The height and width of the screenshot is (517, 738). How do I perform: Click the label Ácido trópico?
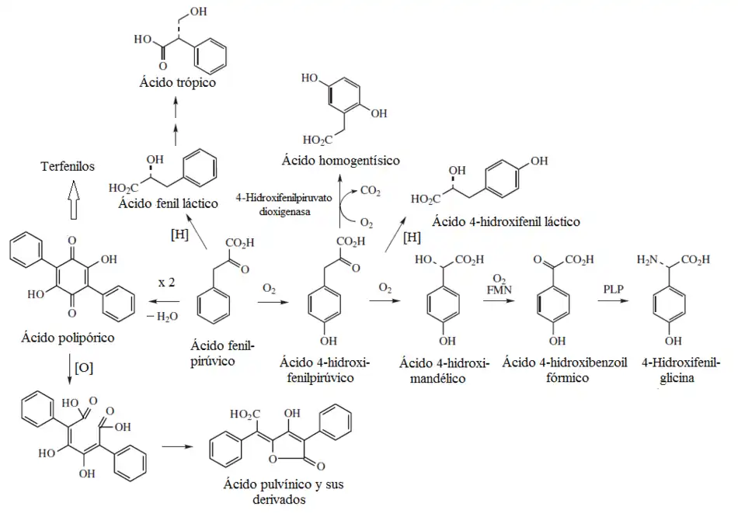(x=177, y=83)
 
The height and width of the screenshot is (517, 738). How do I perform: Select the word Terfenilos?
(x=68, y=167)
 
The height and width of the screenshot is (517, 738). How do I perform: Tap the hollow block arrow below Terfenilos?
(x=72, y=200)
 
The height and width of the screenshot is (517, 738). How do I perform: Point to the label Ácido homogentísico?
(x=341, y=161)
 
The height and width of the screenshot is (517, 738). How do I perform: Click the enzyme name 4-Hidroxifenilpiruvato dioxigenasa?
(x=284, y=205)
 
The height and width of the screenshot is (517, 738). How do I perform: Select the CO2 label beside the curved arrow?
(x=371, y=191)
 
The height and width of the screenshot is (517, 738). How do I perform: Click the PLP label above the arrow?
(x=613, y=289)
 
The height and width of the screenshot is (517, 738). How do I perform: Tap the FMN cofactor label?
(x=499, y=290)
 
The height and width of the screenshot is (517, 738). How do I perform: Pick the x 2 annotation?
(x=166, y=283)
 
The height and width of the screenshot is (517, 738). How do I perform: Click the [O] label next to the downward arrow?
(x=84, y=367)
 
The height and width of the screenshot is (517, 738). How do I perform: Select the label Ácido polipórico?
(x=68, y=338)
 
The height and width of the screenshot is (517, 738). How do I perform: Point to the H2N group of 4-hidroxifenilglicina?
(x=647, y=260)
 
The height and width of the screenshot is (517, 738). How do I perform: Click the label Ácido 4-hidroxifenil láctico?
(x=506, y=221)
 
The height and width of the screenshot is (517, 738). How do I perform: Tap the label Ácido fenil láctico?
(x=168, y=203)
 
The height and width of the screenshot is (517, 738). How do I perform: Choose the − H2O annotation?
(x=162, y=317)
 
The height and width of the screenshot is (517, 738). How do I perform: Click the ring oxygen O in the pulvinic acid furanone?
(x=273, y=459)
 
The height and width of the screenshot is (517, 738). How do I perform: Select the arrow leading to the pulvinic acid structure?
(x=177, y=446)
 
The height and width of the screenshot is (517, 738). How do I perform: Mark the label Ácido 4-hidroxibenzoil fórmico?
(x=565, y=370)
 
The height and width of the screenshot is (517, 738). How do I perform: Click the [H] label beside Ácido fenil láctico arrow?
(x=179, y=234)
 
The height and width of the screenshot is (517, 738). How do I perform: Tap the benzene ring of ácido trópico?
(x=211, y=56)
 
